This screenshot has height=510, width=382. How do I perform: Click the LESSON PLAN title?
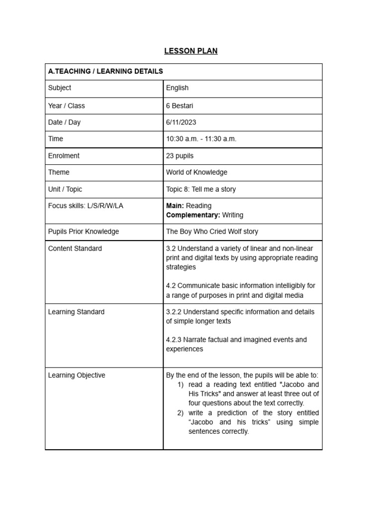pos(191,51)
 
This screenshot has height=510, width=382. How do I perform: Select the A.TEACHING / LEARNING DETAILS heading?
pos(105,71)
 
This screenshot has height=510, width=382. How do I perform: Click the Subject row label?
pos(60,88)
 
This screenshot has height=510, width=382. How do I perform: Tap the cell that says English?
pos(177,88)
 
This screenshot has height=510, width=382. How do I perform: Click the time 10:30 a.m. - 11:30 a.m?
pos(201,138)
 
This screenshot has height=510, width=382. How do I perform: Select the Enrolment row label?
pos(64,155)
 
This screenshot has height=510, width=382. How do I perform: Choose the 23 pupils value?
pos(180,155)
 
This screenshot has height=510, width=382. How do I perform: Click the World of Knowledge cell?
pos(196,172)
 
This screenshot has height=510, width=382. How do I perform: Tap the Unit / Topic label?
pos(65,189)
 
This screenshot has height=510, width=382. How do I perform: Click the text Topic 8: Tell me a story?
pos(201,189)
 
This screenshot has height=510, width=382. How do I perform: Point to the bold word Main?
pos(175,206)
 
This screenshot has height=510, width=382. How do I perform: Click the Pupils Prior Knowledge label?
pos(84,232)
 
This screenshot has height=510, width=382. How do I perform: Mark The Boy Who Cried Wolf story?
pos(212,232)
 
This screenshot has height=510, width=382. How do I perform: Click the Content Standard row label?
pos(75,249)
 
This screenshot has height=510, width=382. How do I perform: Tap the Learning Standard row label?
pos(76,312)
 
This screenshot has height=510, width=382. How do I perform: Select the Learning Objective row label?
pos(77,375)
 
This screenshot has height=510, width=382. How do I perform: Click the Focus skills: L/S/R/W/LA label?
pos(86,206)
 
